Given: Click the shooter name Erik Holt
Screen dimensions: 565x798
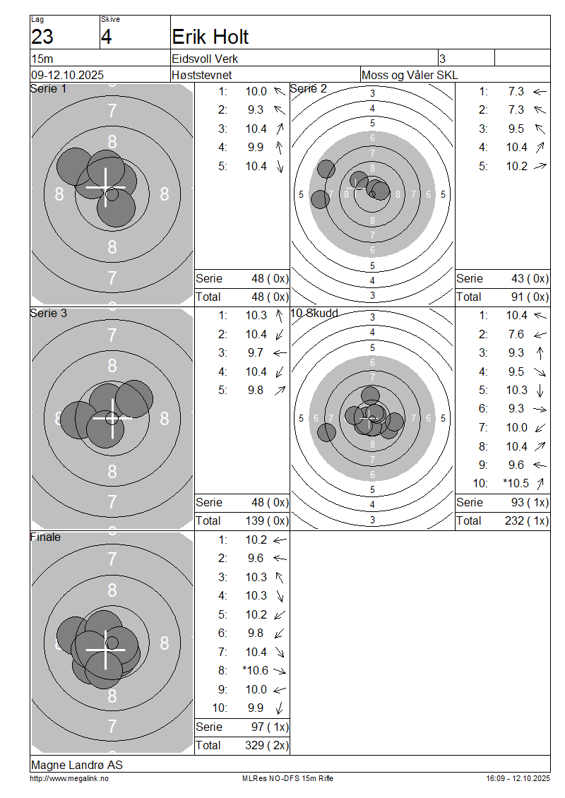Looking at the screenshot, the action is click(210, 37).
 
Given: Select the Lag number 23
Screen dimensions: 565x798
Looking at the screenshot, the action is click(42, 37).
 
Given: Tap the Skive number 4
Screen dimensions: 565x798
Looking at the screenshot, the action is click(106, 37).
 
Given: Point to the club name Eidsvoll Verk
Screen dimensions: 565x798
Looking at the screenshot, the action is click(205, 59).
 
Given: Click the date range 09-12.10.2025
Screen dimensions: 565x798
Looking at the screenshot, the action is click(67, 75).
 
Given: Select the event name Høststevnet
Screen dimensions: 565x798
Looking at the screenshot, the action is click(201, 75).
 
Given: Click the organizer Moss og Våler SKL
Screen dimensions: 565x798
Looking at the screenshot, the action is click(409, 75).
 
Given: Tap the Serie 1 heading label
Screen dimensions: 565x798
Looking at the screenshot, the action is click(48, 88).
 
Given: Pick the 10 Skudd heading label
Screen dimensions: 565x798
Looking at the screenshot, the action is click(314, 313).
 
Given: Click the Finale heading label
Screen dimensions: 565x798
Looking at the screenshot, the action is click(46, 537).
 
